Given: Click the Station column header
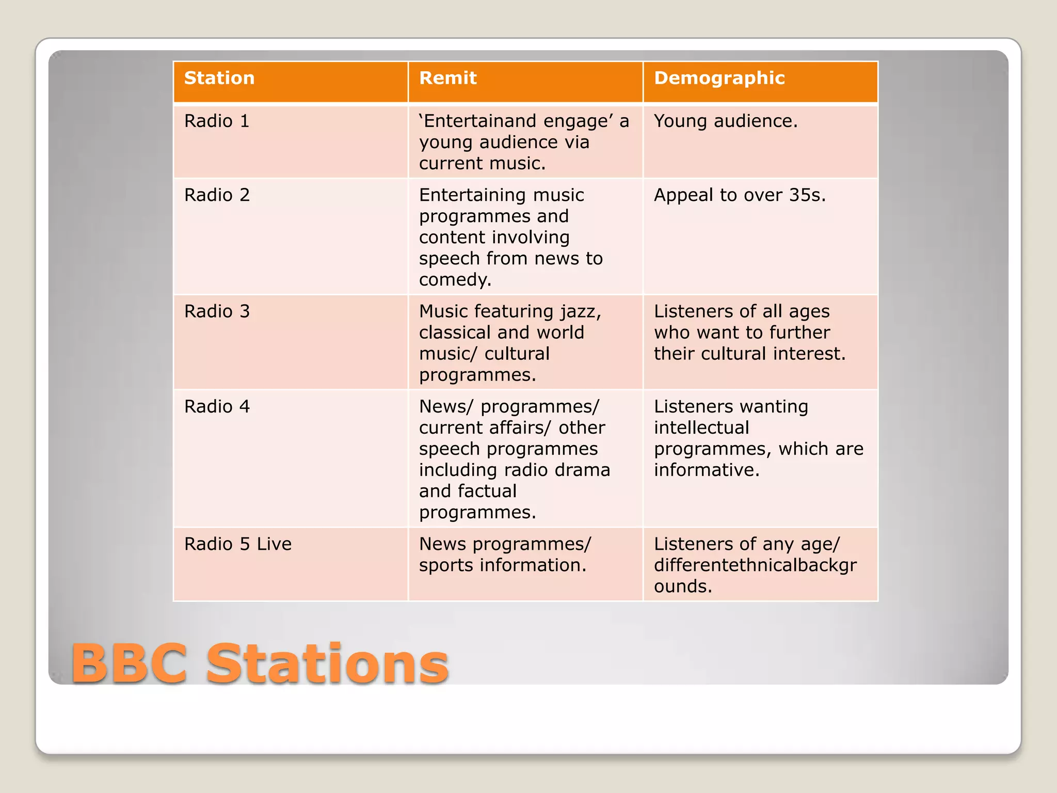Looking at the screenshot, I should tap(219, 78).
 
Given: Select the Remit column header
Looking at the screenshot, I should tap(447, 78).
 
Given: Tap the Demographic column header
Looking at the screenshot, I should tap(719, 78).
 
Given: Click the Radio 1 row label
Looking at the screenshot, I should tap(217, 121).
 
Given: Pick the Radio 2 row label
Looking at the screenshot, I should tap(217, 195).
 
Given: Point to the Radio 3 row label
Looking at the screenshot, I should tap(217, 311).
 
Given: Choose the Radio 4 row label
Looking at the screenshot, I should tap(217, 407).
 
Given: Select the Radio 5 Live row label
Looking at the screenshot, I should tap(238, 544).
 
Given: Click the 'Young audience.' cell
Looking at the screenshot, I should tap(726, 121).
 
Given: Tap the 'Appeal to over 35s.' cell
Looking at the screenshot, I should tap(740, 195).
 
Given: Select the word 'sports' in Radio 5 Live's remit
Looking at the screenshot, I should tap(446, 566).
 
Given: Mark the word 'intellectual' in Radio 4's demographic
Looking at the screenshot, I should tap(701, 427).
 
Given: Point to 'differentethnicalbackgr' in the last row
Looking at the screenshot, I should tap(755, 566).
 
